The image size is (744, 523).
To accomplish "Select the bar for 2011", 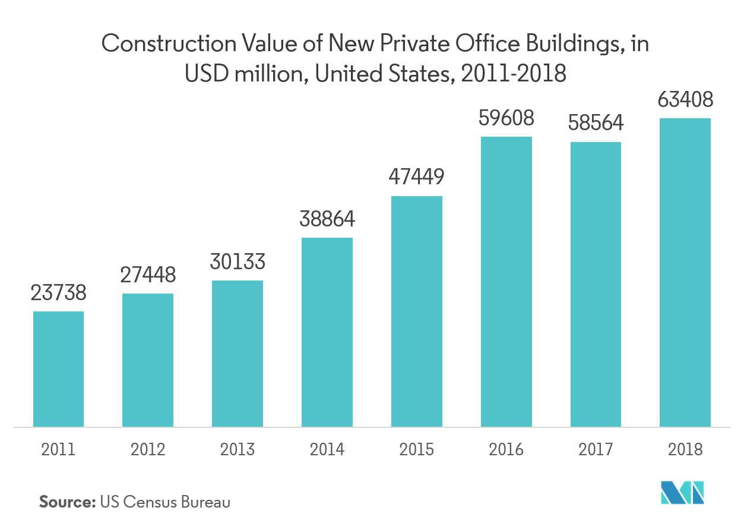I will click(58, 368).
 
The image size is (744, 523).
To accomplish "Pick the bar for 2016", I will click(506, 282).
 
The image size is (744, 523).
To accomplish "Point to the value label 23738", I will click(58, 293).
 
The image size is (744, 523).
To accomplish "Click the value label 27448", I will click(148, 275).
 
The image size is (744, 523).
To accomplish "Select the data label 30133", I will click(238, 262).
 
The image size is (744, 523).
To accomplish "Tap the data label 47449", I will click(416, 178).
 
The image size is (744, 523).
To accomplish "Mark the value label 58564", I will click(596, 123).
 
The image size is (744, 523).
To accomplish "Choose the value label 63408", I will click(685, 100).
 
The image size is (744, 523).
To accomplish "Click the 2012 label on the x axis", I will click(148, 449).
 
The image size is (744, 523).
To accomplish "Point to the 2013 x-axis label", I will click(238, 449).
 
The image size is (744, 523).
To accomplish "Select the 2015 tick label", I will click(416, 449).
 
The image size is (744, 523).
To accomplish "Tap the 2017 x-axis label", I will click(596, 449).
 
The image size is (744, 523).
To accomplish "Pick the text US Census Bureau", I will click(165, 502).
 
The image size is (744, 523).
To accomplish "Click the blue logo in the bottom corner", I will click(683, 492).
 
